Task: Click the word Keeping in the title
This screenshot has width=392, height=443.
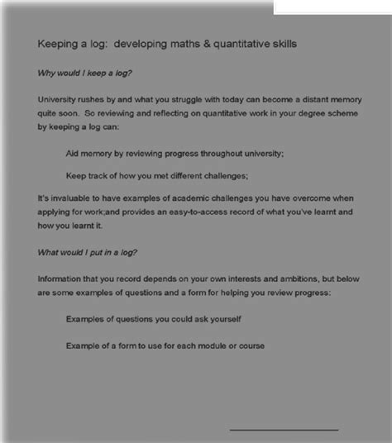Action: click(59, 43)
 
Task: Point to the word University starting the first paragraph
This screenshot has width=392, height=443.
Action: click(59, 101)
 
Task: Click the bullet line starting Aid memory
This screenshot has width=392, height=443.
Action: click(174, 153)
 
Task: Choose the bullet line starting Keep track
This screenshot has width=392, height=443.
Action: click(157, 174)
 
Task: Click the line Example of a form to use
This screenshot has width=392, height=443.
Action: click(165, 345)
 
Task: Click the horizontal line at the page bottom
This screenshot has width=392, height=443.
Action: click(284, 429)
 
